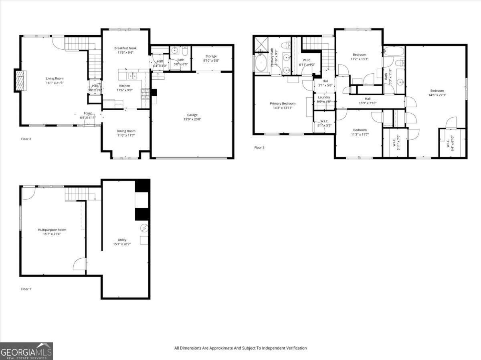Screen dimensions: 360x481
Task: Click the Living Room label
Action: click(x=55, y=78)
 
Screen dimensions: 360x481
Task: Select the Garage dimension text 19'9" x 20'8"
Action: click(x=192, y=120)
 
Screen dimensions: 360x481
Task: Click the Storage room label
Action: click(x=211, y=56)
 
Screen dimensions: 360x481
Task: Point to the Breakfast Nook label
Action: click(x=125, y=48)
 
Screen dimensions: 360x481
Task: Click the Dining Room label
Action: click(x=126, y=131)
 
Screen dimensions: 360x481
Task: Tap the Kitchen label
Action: click(x=124, y=86)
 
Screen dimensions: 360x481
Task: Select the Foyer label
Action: click(x=88, y=113)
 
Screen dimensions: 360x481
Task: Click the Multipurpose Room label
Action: click(x=52, y=230)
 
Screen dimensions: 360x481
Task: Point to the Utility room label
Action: click(x=122, y=240)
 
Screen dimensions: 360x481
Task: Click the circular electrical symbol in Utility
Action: click(x=144, y=229)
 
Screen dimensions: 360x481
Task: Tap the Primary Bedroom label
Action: click(x=283, y=103)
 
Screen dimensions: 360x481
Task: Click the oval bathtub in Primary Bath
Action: click(x=261, y=63)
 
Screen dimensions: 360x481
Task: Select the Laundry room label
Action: click(x=324, y=97)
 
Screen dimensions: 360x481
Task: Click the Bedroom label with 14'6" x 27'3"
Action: click(x=437, y=91)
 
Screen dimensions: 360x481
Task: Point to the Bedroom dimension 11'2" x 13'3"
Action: click(x=360, y=59)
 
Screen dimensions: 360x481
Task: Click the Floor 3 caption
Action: click(x=259, y=147)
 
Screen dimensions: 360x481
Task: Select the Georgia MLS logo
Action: click(x=26, y=351)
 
